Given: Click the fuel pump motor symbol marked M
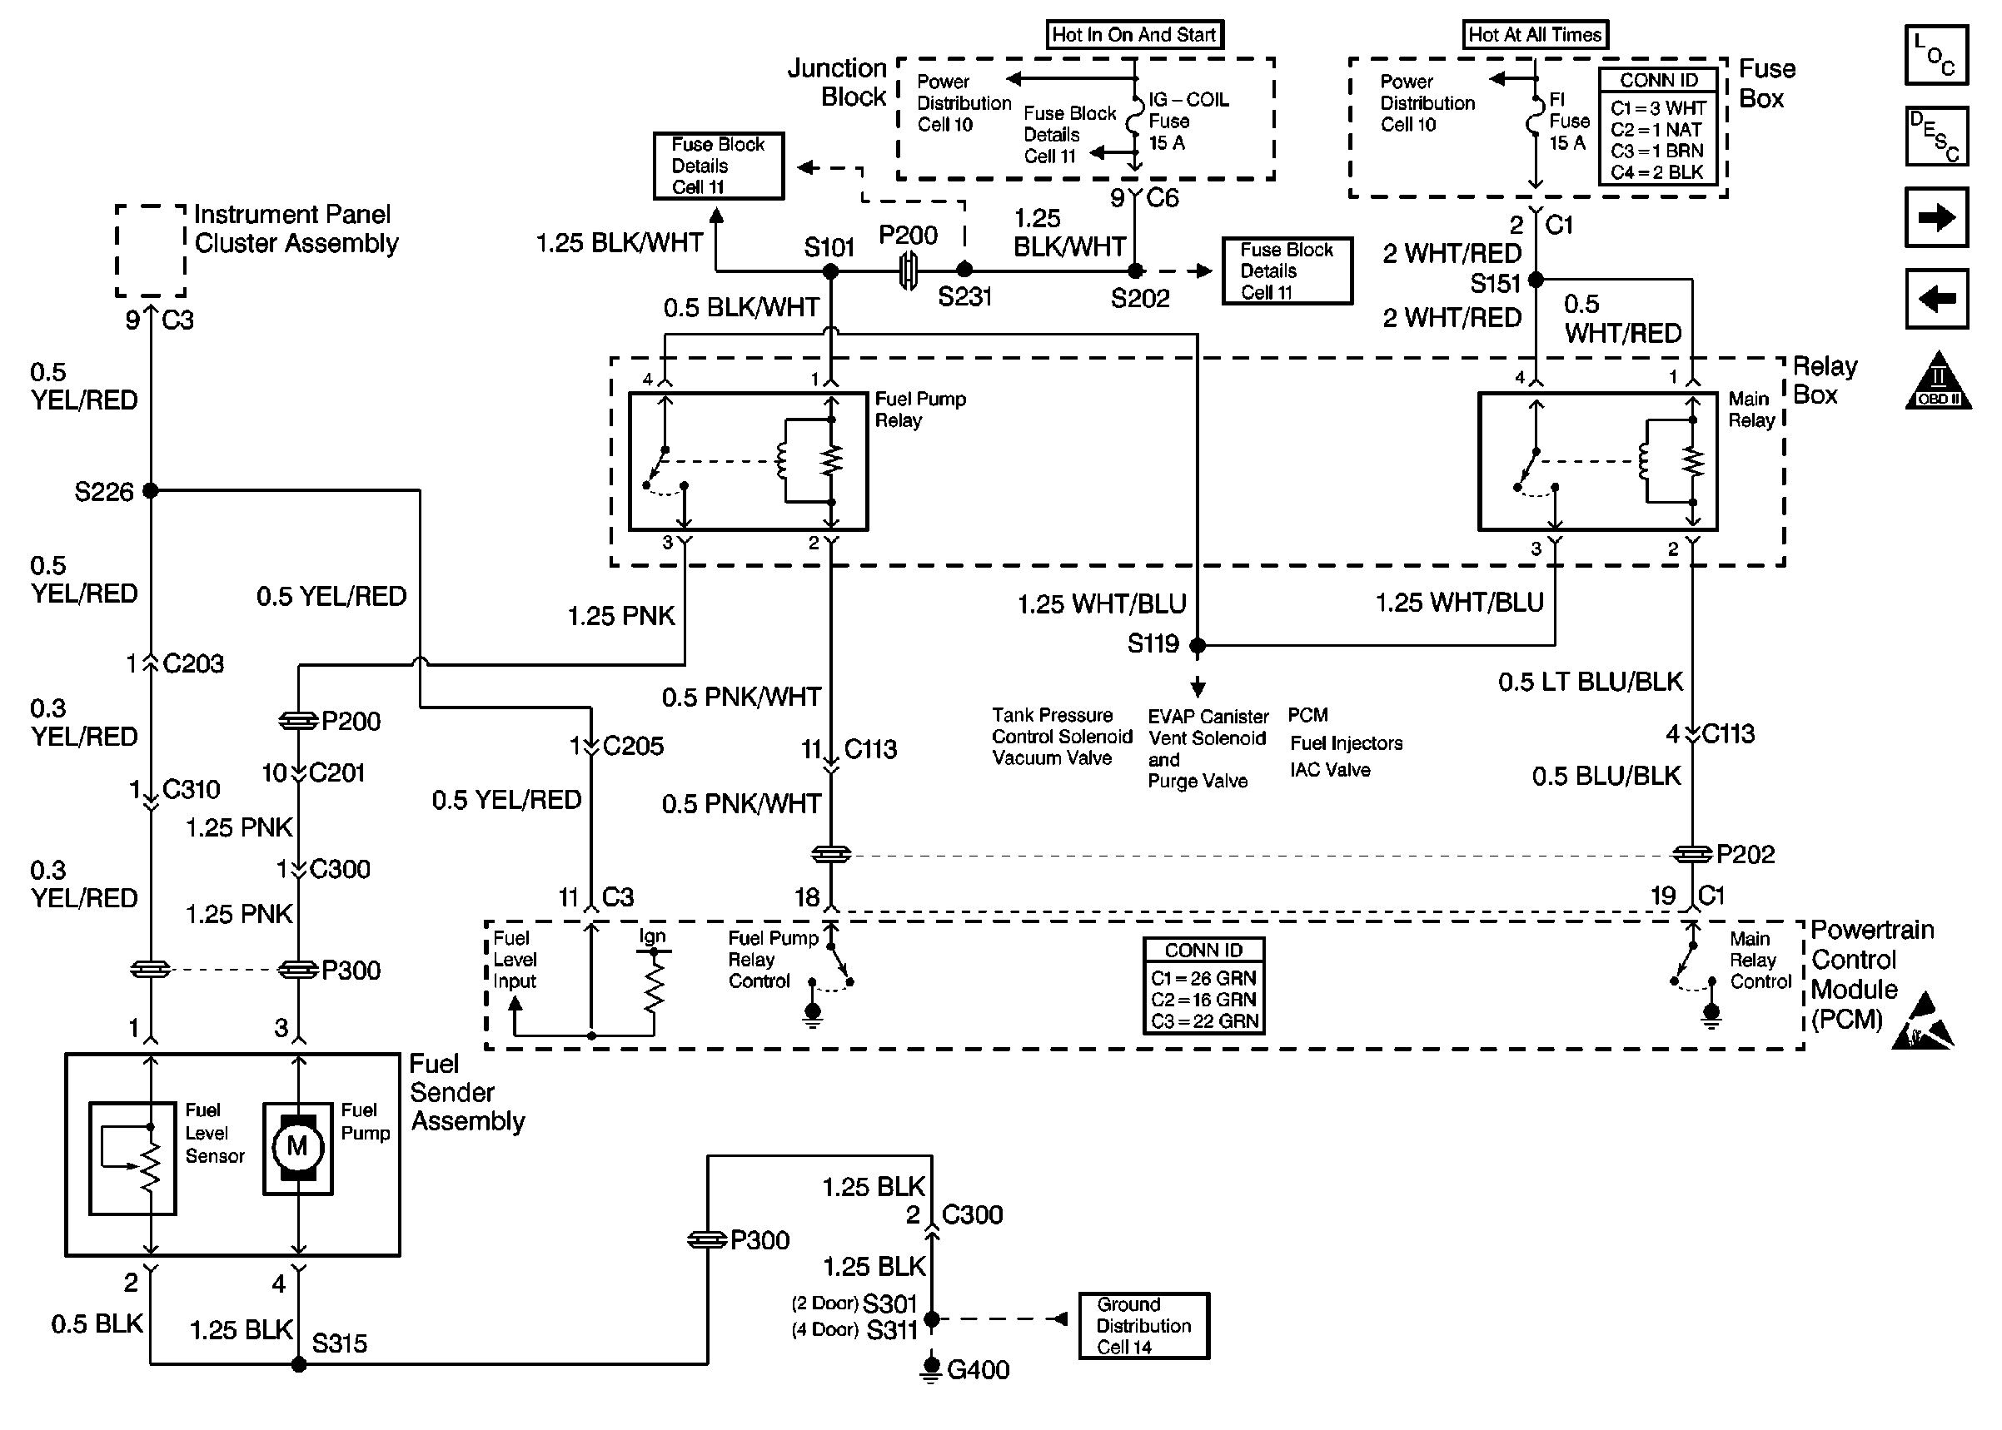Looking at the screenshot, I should tap(297, 1145).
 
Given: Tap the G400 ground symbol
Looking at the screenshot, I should tap(931, 1369).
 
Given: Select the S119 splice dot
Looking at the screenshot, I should tap(1198, 645).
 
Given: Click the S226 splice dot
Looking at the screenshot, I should tap(151, 490).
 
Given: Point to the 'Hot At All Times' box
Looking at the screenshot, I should tap(1534, 34).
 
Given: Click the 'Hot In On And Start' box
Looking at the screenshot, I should tap(1134, 34).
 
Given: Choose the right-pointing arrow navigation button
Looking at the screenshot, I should tap(1936, 217).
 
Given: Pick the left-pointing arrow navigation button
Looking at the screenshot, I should tap(1936, 299).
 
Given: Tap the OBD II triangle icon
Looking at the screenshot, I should tap(1939, 382).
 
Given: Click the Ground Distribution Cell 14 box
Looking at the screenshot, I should tap(1143, 1325).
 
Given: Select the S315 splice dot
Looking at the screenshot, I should tap(300, 1364).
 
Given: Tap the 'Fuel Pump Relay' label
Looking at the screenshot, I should tap(919, 410).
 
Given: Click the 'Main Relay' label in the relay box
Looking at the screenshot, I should tap(1751, 410).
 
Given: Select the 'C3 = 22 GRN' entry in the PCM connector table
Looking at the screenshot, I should tap(1204, 1021).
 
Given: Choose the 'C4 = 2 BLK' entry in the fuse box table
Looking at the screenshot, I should tap(1657, 172).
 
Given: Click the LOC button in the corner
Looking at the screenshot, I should tap(1936, 55).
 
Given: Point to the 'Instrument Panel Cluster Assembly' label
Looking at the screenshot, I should tap(296, 229).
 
